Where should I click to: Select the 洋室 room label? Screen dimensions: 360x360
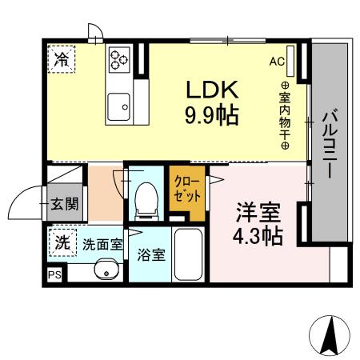tap(258, 214)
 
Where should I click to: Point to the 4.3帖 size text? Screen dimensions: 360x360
tap(258, 237)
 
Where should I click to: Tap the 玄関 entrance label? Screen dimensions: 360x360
tap(65, 204)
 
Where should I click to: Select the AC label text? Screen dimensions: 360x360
tap(278, 61)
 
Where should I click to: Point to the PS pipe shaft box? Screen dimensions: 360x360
tap(54, 274)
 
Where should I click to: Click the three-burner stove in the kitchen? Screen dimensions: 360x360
tap(120, 58)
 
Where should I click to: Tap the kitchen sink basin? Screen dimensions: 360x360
tap(120, 105)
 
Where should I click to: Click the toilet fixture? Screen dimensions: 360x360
tap(146, 200)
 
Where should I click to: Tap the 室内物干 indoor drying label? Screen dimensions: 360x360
tap(286, 112)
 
